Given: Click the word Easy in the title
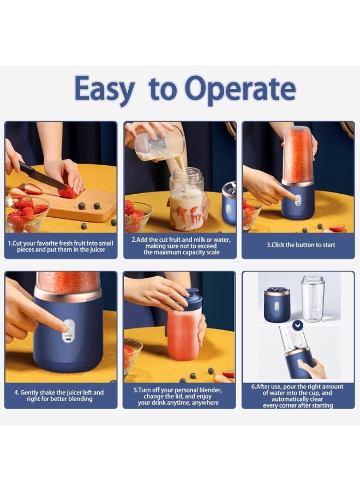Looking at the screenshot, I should tap(104, 90).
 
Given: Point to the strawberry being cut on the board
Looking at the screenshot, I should tap(68, 192).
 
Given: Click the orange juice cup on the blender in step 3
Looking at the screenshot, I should tap(297, 155).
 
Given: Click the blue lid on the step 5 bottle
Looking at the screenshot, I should tap(192, 300).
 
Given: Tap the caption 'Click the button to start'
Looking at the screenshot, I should tap(301, 245).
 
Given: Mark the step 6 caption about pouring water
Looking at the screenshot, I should tap(298, 396).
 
